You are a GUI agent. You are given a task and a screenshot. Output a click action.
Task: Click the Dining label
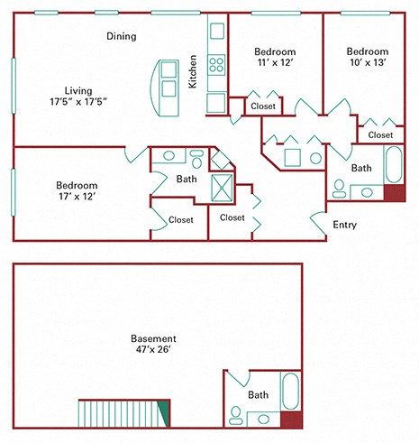(122, 37)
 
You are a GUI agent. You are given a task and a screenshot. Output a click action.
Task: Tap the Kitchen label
(192, 72)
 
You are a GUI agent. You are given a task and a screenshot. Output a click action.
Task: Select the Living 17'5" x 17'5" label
(79, 96)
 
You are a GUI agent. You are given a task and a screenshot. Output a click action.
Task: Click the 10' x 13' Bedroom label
(367, 58)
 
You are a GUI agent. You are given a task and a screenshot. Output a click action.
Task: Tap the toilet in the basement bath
(236, 415)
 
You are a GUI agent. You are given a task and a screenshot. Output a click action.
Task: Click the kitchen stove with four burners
(217, 65)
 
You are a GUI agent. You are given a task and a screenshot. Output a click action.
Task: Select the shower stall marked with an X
(222, 188)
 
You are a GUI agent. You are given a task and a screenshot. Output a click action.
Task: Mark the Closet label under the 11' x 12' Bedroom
(263, 106)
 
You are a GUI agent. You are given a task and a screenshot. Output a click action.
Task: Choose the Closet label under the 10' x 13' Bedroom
(380, 134)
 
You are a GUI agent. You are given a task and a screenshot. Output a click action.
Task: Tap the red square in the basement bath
(291, 418)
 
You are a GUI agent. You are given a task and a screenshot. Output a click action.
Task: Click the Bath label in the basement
(258, 394)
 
